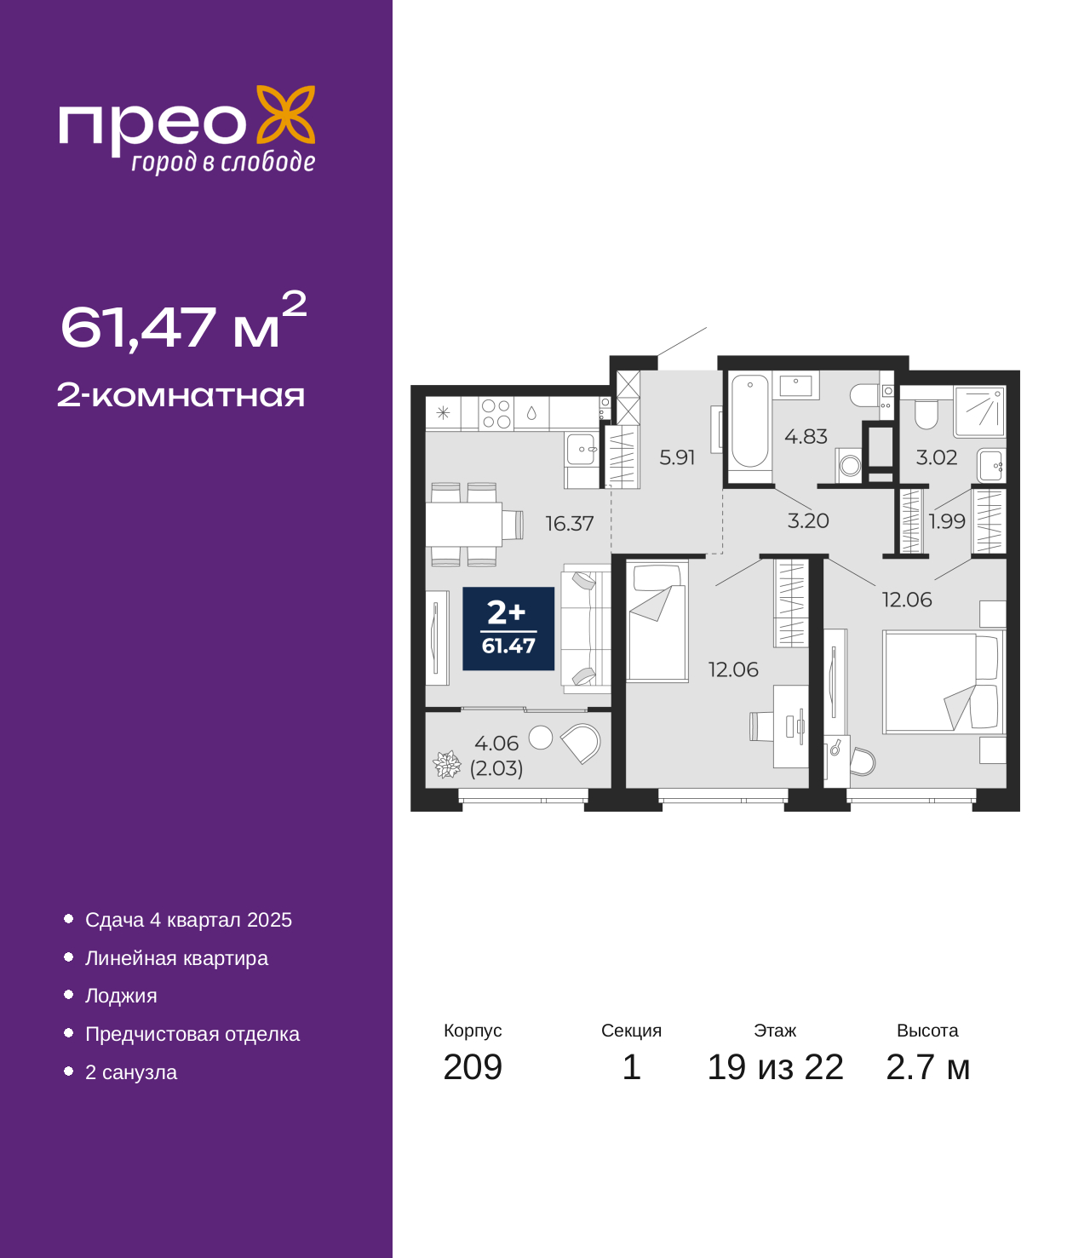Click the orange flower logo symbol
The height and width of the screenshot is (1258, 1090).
pos(285,114)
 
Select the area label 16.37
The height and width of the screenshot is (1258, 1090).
pos(569,524)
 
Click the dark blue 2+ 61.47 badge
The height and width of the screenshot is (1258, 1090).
pos(508,629)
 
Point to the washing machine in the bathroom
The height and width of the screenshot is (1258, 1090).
pos(849,466)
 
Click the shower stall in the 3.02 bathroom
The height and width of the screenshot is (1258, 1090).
pos(979,411)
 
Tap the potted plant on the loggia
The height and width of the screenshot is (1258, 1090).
pos(447,765)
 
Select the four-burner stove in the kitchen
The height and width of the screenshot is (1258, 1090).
pos(496,414)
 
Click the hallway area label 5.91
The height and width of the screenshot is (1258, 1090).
pos(677,457)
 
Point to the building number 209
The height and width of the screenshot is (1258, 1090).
pos(473,1067)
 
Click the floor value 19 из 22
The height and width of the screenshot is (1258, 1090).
pos(775,1067)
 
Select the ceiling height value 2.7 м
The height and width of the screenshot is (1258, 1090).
pos(927,1067)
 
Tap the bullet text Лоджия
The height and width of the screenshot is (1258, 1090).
pos(121,997)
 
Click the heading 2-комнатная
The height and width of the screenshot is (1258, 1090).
pos(181,395)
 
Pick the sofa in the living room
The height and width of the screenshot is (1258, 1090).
pos(586,629)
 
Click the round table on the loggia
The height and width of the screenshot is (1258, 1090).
pos(540,738)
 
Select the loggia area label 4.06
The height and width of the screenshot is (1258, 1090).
pos(496,743)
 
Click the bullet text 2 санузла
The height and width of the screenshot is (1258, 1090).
pos(131,1072)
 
